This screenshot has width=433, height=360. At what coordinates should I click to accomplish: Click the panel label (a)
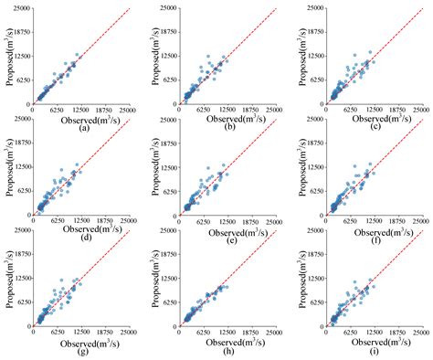pos(84,127)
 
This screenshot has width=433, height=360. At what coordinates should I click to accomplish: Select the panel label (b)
pos(228,127)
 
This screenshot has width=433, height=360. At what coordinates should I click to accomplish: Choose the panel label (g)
pos(84,351)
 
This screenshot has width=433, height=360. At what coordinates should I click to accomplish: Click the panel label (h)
pos(228,351)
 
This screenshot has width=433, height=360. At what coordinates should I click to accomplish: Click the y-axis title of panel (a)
pos(7,57)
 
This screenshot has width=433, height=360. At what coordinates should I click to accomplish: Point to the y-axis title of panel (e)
pos(153,168)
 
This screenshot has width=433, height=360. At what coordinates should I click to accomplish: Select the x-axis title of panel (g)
pos(84,341)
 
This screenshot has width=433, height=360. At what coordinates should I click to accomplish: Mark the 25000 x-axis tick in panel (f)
pos(420,221)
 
